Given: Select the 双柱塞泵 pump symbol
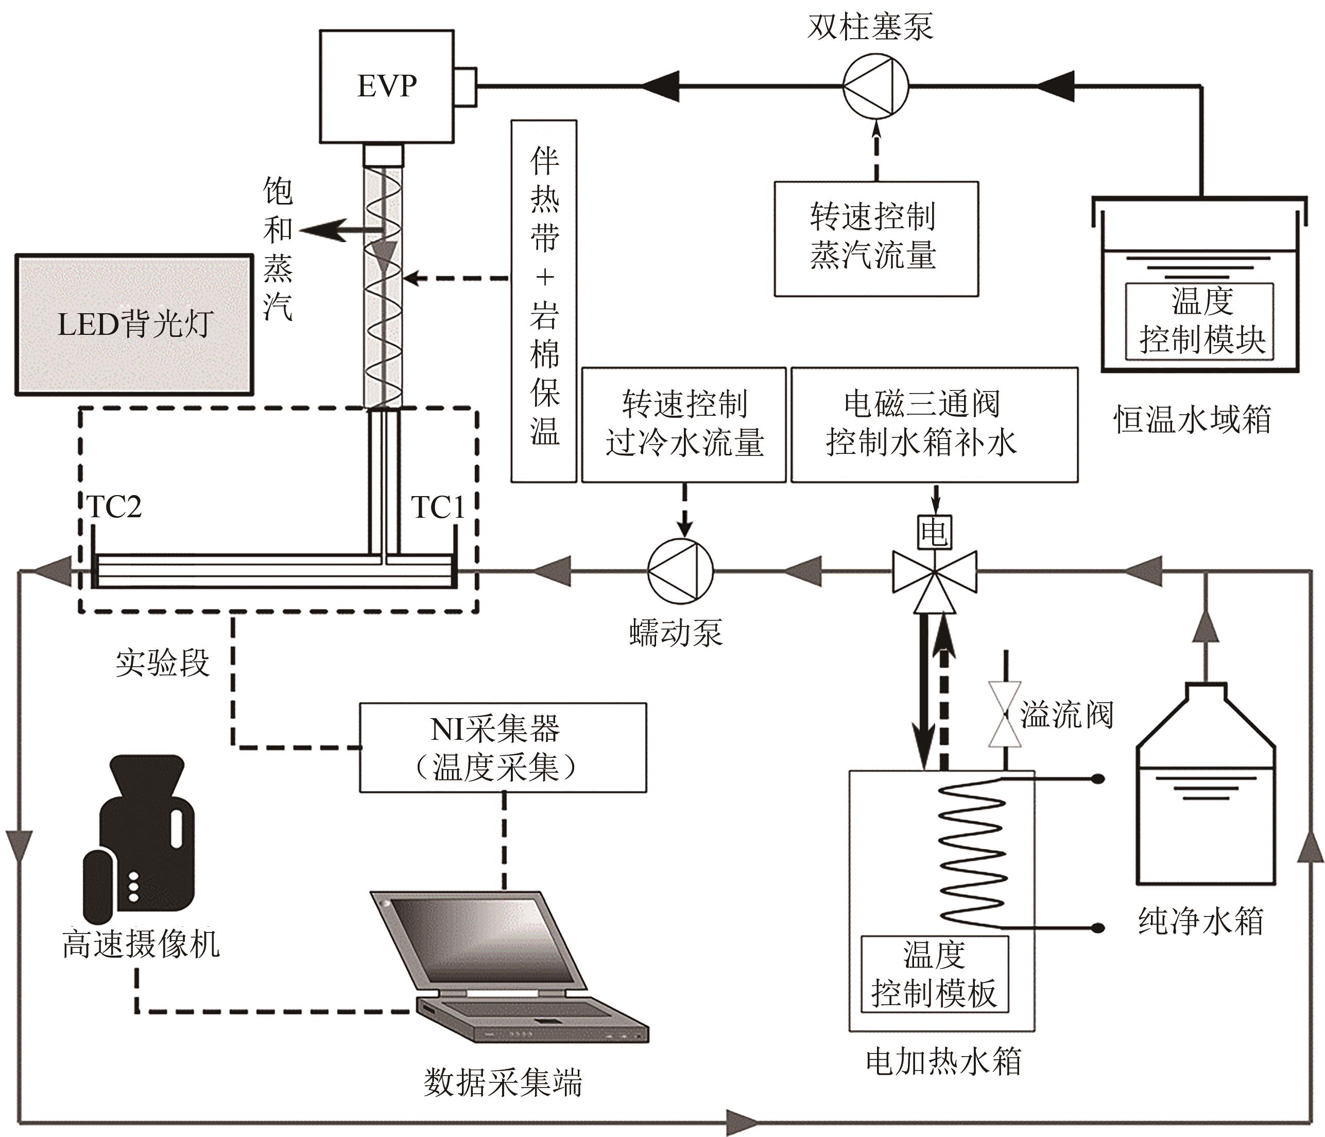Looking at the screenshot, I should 875,86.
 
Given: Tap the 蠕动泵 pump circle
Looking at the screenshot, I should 680,571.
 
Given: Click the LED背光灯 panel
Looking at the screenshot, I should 134,325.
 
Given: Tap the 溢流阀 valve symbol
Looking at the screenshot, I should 1005,715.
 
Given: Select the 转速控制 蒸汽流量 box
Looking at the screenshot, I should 876,239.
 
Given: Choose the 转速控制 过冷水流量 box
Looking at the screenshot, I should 683,424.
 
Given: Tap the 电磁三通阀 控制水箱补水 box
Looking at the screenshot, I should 934,424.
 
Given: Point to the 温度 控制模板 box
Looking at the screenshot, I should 934,974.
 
